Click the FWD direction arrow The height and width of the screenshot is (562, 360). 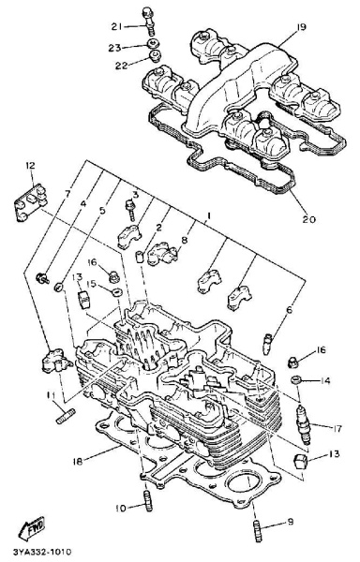coord(32,527)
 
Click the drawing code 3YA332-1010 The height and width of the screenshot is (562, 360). coord(42,551)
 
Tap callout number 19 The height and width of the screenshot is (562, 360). coord(301,27)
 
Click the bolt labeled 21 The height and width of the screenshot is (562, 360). coord(147,21)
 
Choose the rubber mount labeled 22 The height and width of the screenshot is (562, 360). coord(155,56)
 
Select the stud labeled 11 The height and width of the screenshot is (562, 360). coord(66,416)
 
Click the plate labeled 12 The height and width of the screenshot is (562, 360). coord(31,202)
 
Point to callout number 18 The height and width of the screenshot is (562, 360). coord(78,461)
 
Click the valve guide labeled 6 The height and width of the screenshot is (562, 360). coord(268,344)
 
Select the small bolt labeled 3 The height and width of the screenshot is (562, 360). coord(130,211)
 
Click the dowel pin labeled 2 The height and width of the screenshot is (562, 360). coord(140,258)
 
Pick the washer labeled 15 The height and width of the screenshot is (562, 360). coord(116,292)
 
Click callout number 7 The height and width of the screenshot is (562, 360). coord(67,194)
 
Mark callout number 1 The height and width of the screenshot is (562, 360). coord(207,215)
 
